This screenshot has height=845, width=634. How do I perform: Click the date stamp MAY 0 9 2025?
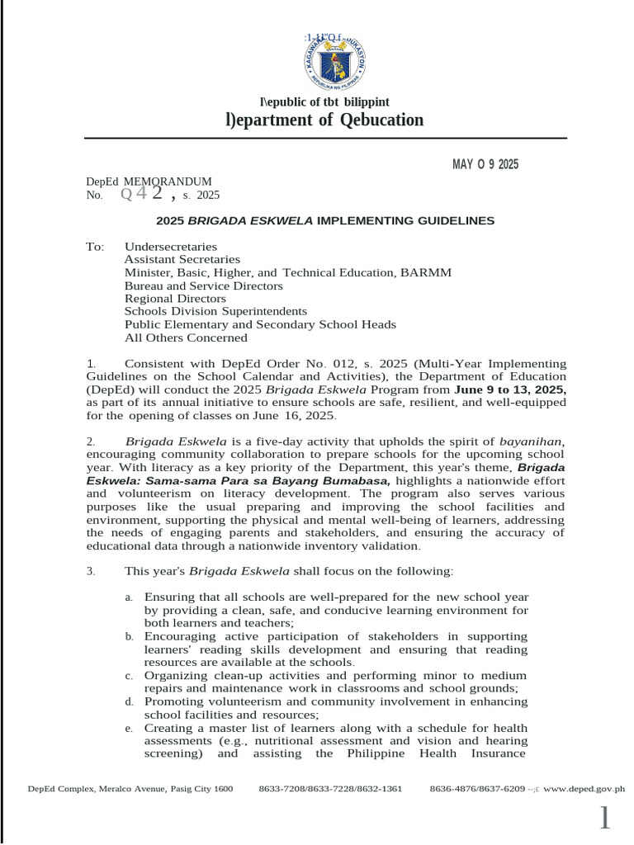[485, 164]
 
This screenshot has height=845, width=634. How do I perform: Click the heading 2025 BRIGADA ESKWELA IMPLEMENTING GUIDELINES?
[325, 221]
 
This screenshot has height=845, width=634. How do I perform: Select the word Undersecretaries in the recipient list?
[171, 247]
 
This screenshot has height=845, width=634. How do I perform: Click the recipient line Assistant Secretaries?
[182, 260]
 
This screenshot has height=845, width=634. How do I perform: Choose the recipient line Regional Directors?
[175, 299]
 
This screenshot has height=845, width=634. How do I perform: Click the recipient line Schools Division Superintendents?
[215, 312]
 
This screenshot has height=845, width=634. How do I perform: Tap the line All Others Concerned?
[186, 338]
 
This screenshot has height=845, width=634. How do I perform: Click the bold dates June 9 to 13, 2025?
[510, 389]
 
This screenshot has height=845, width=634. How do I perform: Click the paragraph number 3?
[91, 571]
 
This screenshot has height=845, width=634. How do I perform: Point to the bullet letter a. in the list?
[129, 597]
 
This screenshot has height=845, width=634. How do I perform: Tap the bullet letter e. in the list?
[129, 729]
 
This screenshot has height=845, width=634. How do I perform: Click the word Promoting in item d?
[170, 702]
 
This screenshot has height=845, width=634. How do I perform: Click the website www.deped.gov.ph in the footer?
[584, 789]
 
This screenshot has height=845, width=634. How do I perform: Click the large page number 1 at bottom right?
[606, 819]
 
